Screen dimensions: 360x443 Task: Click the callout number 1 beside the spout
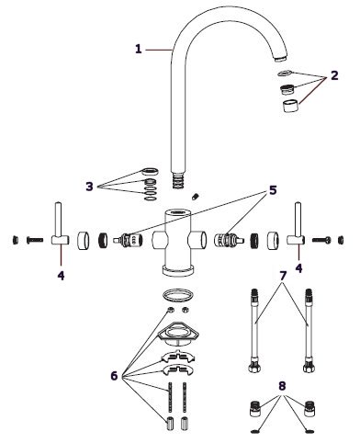[139, 49]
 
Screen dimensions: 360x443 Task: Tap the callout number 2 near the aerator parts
[334, 75]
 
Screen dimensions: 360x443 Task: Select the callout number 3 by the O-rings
[89, 187]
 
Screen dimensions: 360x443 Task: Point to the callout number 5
[273, 190]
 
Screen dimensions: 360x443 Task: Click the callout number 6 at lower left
[114, 376]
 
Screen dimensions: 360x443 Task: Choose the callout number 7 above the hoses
[283, 276]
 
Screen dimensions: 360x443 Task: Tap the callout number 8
[282, 386]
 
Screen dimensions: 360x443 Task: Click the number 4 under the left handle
[61, 276]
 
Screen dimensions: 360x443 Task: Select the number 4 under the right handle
[298, 268]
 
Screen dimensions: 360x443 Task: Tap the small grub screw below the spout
[196, 197]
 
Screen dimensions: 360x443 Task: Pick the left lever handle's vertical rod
[58, 220]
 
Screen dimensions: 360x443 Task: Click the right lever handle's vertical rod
[298, 220]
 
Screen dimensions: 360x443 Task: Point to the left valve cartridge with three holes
[129, 240]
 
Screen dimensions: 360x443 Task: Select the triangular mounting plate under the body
[178, 332]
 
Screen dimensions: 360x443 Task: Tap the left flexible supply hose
[255, 331]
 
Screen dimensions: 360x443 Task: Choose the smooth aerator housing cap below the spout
[290, 106]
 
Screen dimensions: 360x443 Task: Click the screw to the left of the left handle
[35, 240]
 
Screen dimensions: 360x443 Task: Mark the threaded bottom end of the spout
[178, 180]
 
